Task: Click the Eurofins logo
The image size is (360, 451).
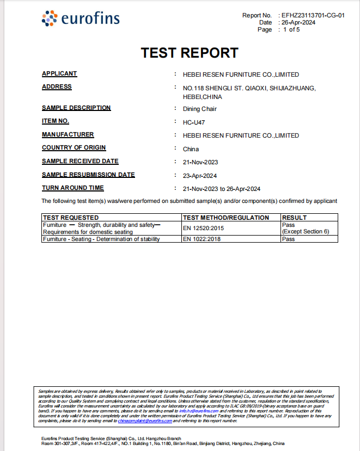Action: tap(80, 19)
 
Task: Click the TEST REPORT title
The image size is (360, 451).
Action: tap(190, 53)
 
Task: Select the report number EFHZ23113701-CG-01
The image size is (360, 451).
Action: tap(313, 16)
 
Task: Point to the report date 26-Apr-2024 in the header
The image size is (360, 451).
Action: tap(298, 23)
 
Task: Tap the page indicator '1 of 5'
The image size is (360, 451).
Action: tap(291, 30)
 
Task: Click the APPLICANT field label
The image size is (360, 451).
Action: tap(59, 74)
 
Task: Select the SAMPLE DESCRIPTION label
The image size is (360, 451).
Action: tap(76, 108)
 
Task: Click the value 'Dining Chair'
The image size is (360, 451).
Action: tap(199, 109)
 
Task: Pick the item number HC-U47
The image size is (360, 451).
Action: tap(194, 122)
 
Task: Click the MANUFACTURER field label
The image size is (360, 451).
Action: tap(68, 135)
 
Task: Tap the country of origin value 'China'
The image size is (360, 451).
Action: tap(191, 149)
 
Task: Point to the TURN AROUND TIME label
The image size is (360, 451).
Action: tap(73, 188)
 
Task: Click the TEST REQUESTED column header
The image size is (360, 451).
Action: tap(71, 218)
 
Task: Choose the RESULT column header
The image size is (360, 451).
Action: tap(295, 218)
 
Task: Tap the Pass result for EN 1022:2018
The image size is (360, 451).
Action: tap(288, 239)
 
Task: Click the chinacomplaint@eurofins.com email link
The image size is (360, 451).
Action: tap(145, 421)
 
